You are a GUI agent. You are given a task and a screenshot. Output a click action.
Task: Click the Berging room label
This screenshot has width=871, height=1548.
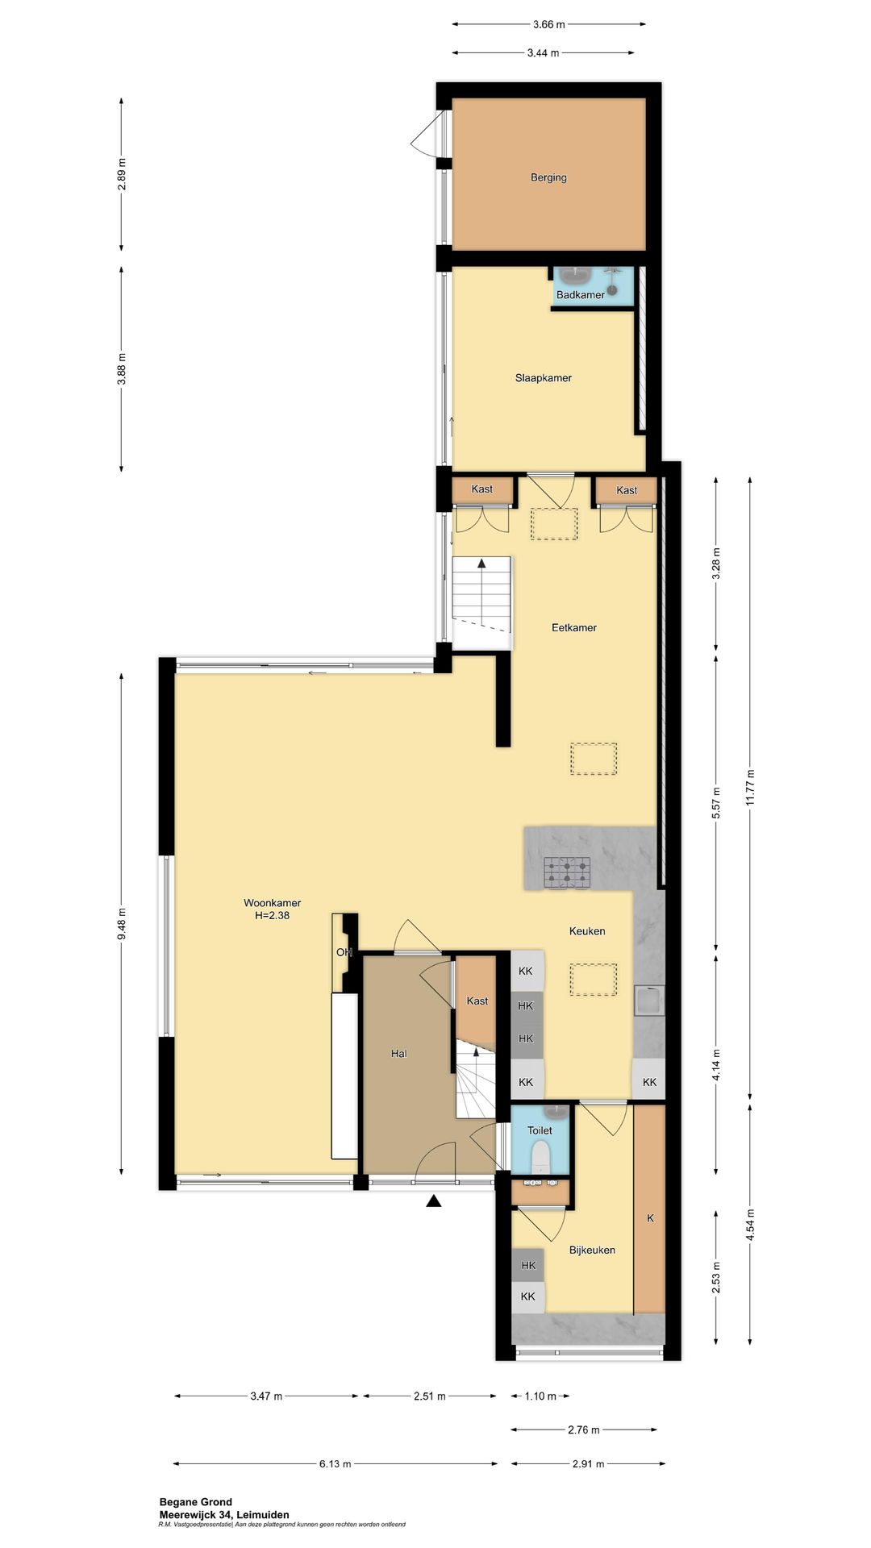click(548, 177)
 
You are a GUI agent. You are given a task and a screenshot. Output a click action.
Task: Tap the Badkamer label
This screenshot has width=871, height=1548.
click(580, 295)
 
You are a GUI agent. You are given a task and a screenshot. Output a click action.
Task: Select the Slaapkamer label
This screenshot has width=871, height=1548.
click(544, 377)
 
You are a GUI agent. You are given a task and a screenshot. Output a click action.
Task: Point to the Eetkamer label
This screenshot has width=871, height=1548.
click(574, 627)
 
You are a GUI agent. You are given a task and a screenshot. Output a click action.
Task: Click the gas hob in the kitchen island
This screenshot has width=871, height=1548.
click(567, 872)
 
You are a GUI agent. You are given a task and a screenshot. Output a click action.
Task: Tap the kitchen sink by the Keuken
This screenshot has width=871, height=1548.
click(649, 1001)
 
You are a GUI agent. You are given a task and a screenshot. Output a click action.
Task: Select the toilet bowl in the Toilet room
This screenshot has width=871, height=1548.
click(540, 1158)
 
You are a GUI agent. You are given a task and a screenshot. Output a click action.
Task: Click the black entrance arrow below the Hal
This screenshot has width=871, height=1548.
click(434, 1201)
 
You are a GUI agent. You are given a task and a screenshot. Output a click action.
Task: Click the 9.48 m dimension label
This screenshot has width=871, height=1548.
click(122, 924)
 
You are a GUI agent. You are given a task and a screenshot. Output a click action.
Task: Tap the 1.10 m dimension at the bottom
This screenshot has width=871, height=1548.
click(540, 1396)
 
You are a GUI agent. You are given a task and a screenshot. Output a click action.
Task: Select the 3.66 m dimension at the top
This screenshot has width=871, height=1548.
click(548, 24)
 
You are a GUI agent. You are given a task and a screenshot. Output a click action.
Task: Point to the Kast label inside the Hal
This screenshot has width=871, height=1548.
click(477, 1001)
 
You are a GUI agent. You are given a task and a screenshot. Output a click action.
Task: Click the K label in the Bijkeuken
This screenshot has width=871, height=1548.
click(650, 1218)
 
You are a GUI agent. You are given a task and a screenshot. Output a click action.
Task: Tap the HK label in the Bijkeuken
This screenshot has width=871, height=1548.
click(528, 1265)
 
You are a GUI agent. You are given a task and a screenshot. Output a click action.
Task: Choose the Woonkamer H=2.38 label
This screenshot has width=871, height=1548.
click(273, 909)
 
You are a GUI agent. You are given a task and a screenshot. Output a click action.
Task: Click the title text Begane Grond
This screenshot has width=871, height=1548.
click(196, 1502)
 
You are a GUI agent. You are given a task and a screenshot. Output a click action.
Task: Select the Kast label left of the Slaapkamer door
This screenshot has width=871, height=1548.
click(482, 489)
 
